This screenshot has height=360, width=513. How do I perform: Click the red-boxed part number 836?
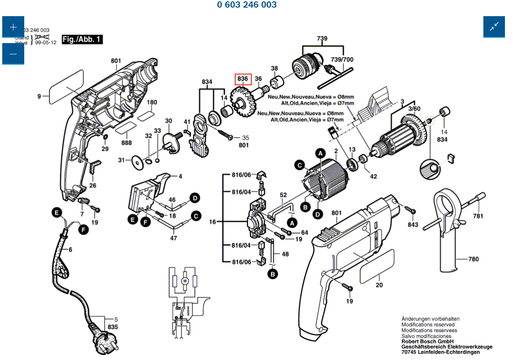pyautogui.click(x=243, y=79)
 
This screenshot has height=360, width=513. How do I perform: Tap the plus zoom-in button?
pyautogui.click(x=13, y=27)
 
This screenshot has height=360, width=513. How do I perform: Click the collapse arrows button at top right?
pyautogui.click(x=494, y=27)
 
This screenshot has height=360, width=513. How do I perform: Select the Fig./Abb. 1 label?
pyautogui.click(x=82, y=40)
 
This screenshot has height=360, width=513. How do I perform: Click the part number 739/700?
pyautogui.click(x=342, y=59)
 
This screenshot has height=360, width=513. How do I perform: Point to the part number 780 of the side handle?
pyautogui.click(x=473, y=259)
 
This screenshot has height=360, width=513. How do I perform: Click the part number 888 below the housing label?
pyautogui.click(x=126, y=142)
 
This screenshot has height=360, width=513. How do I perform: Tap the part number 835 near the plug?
pyautogui.click(x=113, y=327)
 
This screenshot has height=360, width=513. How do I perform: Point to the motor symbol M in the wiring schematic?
pyautogui.click(x=184, y=281)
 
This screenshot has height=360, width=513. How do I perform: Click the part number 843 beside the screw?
pyautogui.click(x=413, y=224)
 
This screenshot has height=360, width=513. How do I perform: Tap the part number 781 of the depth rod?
pyautogui.click(x=478, y=216)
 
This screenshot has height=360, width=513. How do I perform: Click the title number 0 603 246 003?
pyautogui.click(x=247, y=5)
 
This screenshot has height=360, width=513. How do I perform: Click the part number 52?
pyautogui.click(x=283, y=195)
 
